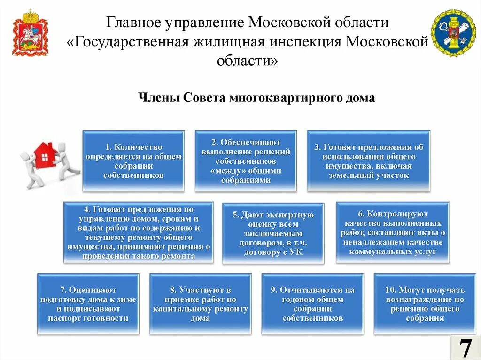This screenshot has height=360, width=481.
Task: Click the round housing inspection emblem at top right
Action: [453, 33]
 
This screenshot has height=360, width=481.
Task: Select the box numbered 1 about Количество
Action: [133, 161]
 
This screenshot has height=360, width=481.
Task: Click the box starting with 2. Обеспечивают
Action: [246, 161]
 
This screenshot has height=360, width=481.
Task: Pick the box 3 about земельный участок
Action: [368, 161]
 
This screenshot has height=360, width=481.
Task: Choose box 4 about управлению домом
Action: [139, 232]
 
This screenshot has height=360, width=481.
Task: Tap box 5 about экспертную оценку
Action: [273, 233]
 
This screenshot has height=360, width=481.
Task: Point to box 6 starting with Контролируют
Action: [392, 232]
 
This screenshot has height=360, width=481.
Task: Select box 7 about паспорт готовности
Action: [88, 304]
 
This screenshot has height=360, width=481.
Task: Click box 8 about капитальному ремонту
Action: [200, 304]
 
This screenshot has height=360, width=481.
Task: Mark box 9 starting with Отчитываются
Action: [312, 304]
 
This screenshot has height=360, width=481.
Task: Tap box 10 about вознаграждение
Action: [425, 304]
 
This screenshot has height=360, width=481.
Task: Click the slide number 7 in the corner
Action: [465, 348]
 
